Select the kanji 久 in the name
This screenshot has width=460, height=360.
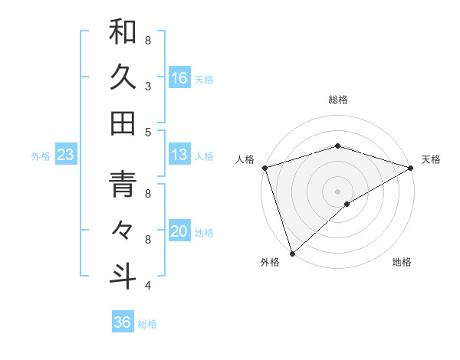[x=123, y=78]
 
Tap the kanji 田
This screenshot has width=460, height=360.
[x=123, y=123]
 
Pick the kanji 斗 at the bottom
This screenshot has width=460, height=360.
[x=123, y=277]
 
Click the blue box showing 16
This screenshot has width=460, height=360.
[x=179, y=77]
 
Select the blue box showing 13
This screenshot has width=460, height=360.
[x=179, y=155]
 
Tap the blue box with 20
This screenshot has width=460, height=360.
[x=179, y=231]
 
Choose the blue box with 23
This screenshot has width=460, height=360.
[x=66, y=155]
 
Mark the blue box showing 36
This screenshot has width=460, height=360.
[x=123, y=322]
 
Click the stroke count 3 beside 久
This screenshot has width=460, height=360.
[x=148, y=86]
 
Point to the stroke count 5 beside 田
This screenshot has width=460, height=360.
[x=148, y=132]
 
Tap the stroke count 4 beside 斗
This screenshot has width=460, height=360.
[x=148, y=286]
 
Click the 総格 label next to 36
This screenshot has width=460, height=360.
[x=147, y=324]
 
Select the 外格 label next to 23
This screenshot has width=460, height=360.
[x=41, y=156]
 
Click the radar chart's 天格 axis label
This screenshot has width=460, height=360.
[x=431, y=159]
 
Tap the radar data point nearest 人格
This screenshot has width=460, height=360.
[x=264, y=168]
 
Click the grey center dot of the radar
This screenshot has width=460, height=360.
[x=337, y=191]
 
